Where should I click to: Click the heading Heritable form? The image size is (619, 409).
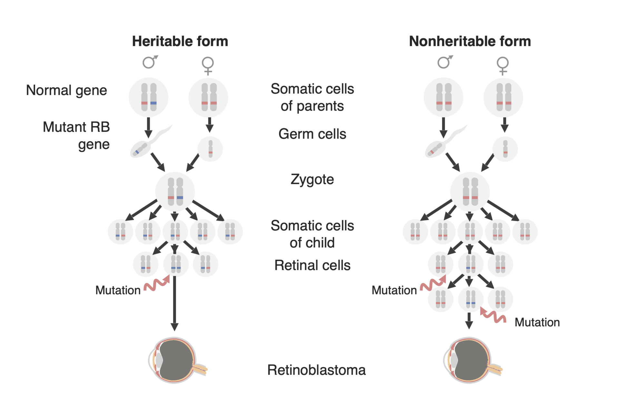click(180, 41)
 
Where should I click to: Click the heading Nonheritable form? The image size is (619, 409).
click(470, 41)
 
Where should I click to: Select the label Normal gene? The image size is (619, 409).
click(66, 90)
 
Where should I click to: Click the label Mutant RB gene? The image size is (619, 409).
click(76, 136)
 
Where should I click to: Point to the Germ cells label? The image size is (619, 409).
click(312, 134)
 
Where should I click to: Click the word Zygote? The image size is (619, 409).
click(312, 179)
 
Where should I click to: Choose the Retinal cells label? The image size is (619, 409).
click(312, 265)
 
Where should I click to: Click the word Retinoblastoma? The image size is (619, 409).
click(316, 370)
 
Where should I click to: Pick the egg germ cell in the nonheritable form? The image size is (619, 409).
click(505, 149)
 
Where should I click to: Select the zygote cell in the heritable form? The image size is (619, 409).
click(175, 191)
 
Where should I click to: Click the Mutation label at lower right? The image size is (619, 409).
click(537, 322)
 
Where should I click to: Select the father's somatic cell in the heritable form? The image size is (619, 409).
click(149, 97)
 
